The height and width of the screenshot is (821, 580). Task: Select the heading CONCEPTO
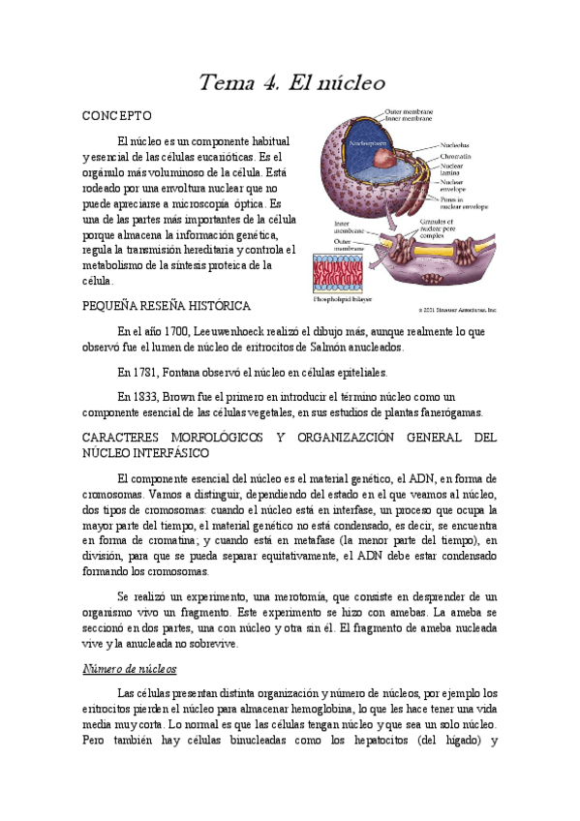pos(117,115)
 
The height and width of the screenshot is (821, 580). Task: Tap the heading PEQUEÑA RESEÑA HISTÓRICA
pos(168,305)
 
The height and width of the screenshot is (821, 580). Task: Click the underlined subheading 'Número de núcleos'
pos(129,669)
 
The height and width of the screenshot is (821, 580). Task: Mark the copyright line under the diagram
pos(456,311)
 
